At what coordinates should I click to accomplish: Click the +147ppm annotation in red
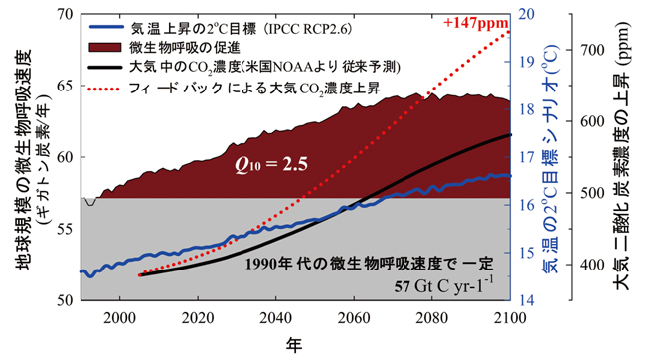point(472,20)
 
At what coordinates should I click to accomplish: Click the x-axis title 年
point(296,344)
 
